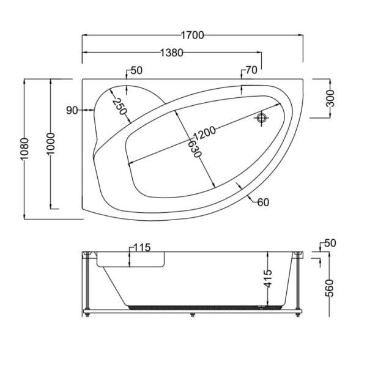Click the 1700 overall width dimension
click(x=192, y=35)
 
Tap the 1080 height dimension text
click(x=23, y=149)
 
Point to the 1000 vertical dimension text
click(x=51, y=144)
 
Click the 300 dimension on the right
click(x=330, y=98)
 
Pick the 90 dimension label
click(x=72, y=110)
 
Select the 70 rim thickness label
click(x=251, y=71)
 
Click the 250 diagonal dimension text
click(x=118, y=108)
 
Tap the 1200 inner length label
click(x=204, y=134)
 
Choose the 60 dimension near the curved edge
click(x=264, y=202)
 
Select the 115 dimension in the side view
click(x=141, y=248)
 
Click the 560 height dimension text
click(x=330, y=286)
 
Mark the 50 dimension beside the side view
click(x=330, y=243)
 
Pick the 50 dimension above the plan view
click(x=135, y=71)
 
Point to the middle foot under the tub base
click(x=193, y=316)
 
